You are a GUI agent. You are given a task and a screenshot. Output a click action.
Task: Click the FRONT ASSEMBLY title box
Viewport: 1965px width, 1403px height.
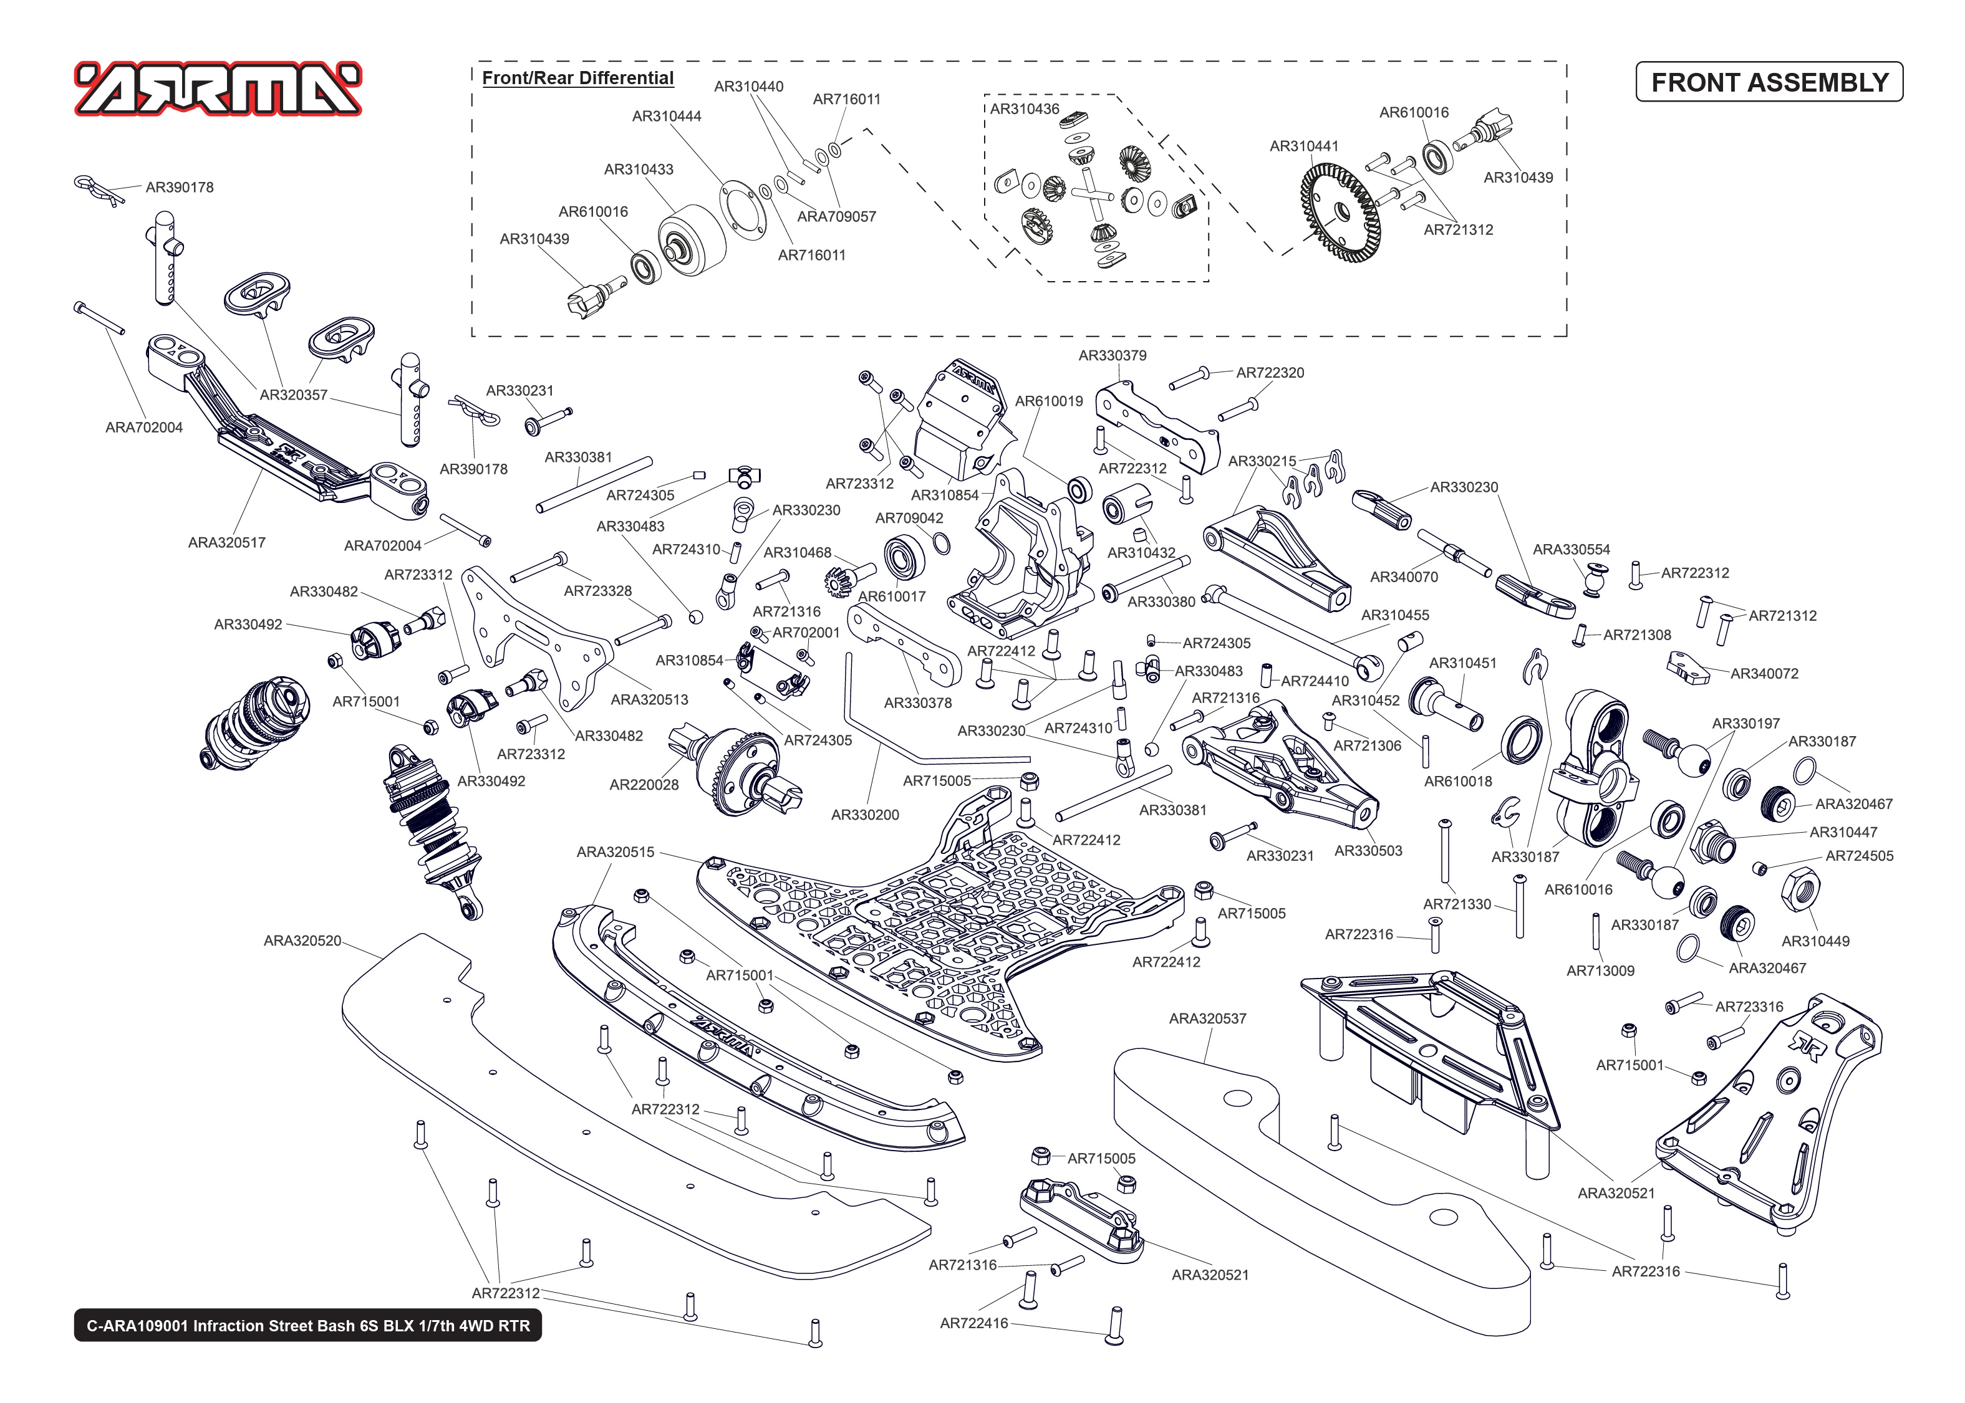click(x=1769, y=82)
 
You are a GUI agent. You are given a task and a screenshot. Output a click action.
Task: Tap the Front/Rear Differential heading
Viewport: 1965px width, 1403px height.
click(x=577, y=78)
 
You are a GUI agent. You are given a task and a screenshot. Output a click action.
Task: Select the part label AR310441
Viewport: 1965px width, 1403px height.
click(x=1303, y=146)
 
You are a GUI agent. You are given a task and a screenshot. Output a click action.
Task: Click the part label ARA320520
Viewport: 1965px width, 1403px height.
click(x=302, y=941)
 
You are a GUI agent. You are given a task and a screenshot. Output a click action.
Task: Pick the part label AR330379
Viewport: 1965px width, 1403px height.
click(x=1112, y=355)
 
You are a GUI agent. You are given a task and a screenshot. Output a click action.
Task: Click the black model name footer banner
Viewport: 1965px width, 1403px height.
click(x=307, y=1325)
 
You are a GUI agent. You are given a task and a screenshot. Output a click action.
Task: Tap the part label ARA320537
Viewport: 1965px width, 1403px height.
click(x=1207, y=1018)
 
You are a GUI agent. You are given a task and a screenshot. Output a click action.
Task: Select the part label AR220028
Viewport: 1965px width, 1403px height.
click(x=644, y=785)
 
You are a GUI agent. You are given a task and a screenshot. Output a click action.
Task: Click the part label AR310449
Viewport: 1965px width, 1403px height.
click(x=1815, y=941)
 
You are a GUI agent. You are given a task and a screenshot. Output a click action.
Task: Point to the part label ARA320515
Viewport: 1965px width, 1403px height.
click(x=616, y=852)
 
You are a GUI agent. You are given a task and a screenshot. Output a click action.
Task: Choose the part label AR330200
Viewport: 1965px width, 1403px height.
click(x=865, y=814)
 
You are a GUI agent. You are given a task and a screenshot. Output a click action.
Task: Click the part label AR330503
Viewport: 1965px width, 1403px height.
click(x=1368, y=850)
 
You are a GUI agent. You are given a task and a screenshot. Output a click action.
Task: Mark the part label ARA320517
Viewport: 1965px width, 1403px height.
click(x=226, y=542)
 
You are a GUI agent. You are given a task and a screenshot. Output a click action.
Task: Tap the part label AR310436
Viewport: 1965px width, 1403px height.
click(x=1024, y=109)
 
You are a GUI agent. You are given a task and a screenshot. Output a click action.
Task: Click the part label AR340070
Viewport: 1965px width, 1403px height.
click(x=1403, y=577)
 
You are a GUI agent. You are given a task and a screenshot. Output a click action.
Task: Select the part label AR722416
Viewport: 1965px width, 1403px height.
click(x=974, y=1323)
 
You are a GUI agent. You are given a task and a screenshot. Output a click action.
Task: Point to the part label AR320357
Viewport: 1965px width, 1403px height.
click(x=294, y=395)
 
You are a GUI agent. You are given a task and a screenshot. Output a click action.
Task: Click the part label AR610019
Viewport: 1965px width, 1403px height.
click(x=1048, y=401)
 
